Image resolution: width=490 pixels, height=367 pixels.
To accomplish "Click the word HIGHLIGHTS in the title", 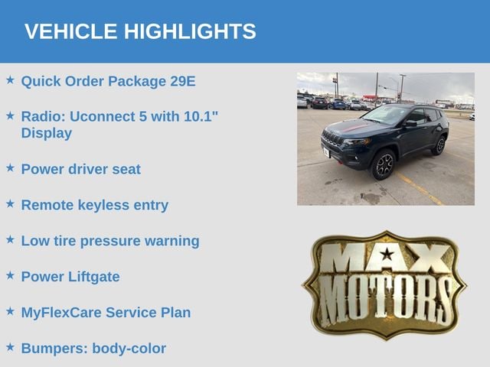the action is [x=190, y=31].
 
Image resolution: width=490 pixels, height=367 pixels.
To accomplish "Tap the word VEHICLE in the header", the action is [x=70, y=31].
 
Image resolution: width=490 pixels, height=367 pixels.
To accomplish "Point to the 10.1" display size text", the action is [x=201, y=116].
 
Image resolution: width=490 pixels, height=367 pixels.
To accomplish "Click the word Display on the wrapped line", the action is [x=47, y=133].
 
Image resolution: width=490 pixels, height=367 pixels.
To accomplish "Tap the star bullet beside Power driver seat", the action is [x=10, y=167].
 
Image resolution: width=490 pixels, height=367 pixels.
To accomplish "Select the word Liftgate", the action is [x=94, y=277].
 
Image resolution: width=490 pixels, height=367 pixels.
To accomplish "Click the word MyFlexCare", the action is [x=61, y=313].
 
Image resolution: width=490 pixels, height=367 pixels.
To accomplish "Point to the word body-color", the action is [x=129, y=349].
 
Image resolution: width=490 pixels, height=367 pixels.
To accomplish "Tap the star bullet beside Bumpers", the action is [x=10, y=346].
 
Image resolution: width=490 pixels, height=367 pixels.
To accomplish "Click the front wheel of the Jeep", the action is [x=384, y=164].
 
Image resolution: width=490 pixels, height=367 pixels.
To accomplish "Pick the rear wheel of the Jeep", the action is [x=439, y=145].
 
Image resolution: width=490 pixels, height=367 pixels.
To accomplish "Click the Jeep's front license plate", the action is [x=326, y=152].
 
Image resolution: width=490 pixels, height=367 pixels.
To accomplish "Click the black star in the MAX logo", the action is [x=387, y=254].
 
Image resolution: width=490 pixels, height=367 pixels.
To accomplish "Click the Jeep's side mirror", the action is [x=410, y=123].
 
